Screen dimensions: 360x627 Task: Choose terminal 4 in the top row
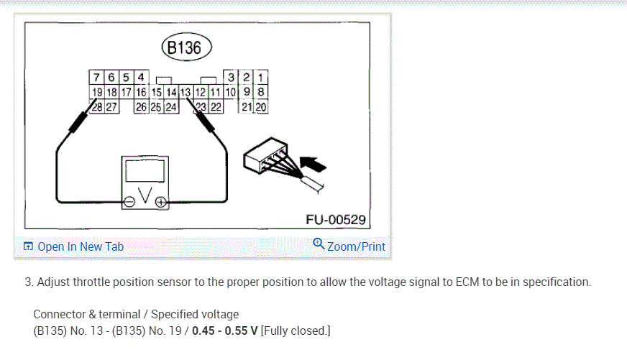click(x=141, y=77)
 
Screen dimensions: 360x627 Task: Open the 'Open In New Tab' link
click(x=80, y=246)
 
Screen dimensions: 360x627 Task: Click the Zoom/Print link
click(x=356, y=246)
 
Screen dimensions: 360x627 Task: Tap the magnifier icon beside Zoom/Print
click(x=319, y=244)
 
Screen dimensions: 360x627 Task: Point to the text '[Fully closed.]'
click(x=296, y=331)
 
